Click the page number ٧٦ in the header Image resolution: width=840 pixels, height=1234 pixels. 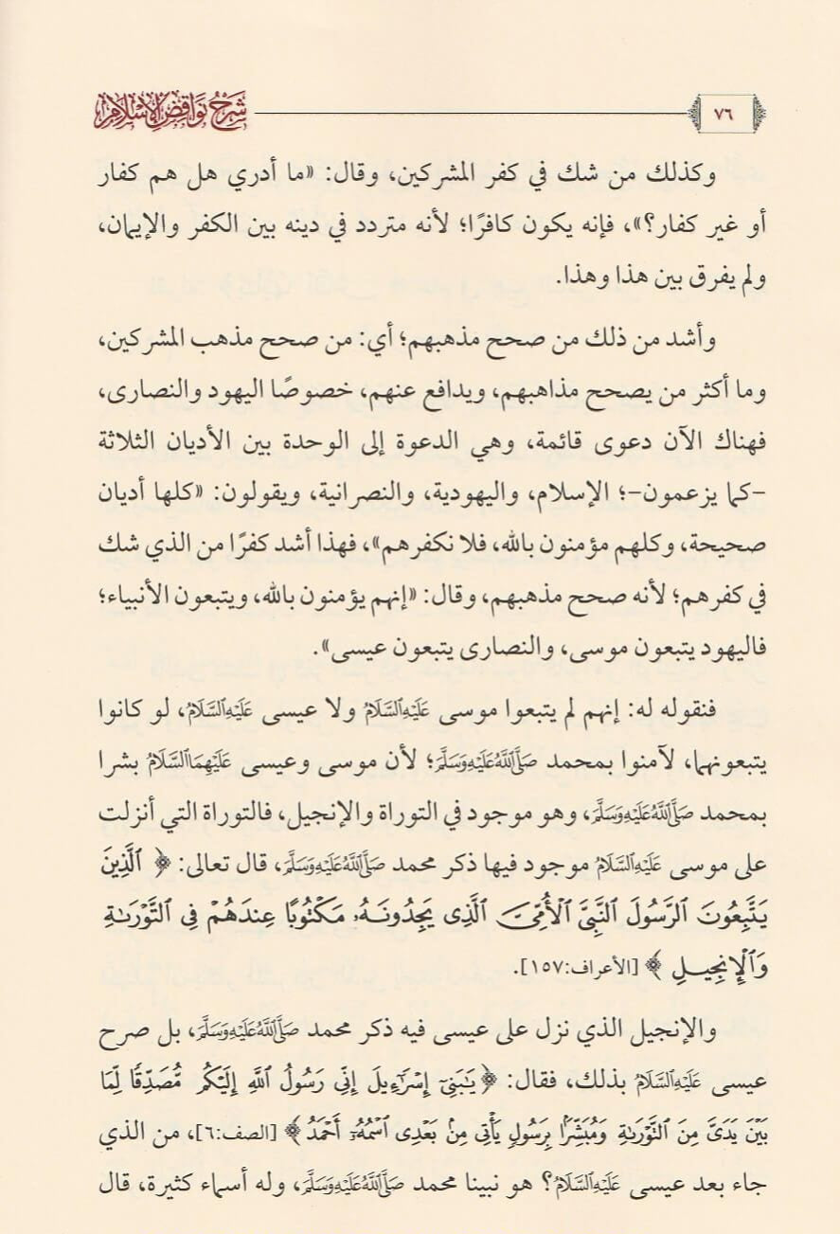tap(725, 111)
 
